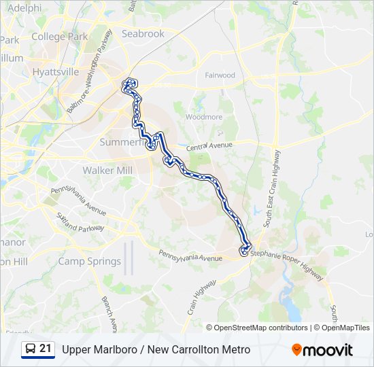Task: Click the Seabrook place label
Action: [143, 33]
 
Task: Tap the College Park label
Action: [60, 37]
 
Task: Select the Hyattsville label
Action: [56, 71]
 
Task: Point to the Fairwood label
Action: [220, 75]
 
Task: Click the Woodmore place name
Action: [204, 117]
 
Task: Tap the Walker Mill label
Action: [106, 170]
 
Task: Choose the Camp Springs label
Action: [89, 261]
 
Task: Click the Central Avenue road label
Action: [209, 146]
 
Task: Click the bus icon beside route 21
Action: [31, 349]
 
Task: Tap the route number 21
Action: [46, 348]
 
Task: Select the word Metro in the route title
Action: [235, 349]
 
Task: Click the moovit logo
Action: [322, 350]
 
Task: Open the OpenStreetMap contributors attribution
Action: [261, 328]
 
